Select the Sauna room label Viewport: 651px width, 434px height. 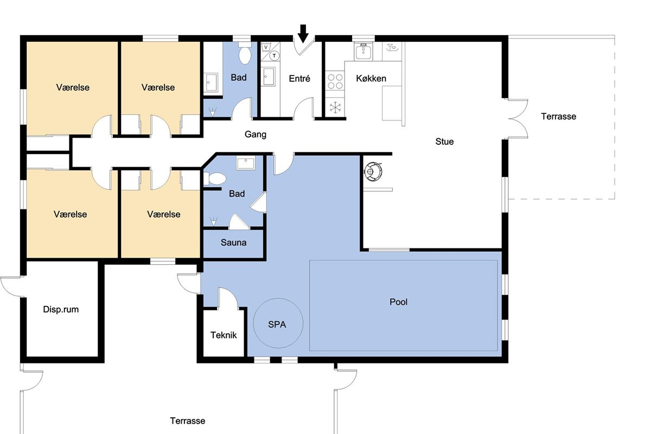pyautogui.click(x=233, y=242)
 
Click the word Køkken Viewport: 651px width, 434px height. pyautogui.click(x=371, y=79)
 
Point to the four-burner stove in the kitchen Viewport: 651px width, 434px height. pyautogui.click(x=335, y=81)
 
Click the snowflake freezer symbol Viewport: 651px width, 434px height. pyautogui.click(x=335, y=107)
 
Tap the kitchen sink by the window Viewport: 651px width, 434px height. pyautogui.click(x=363, y=51)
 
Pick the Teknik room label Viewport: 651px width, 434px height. pyautogui.click(x=224, y=335)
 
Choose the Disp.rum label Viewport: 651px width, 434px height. pyautogui.click(x=61, y=309)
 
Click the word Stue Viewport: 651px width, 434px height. pyautogui.click(x=444, y=142)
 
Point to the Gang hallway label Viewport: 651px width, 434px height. pyautogui.click(x=255, y=135)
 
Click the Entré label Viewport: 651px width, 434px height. pyautogui.click(x=299, y=79)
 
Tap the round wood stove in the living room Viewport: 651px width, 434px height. pyautogui.click(x=373, y=172)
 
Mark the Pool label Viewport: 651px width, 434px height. pyautogui.click(x=398, y=302)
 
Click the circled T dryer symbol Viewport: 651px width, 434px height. pyautogui.click(x=274, y=56)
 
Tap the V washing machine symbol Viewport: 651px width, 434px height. pyautogui.click(x=266, y=47)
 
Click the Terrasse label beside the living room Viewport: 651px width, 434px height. pyautogui.click(x=559, y=117)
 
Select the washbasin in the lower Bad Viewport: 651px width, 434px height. pyautogui.click(x=246, y=163)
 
